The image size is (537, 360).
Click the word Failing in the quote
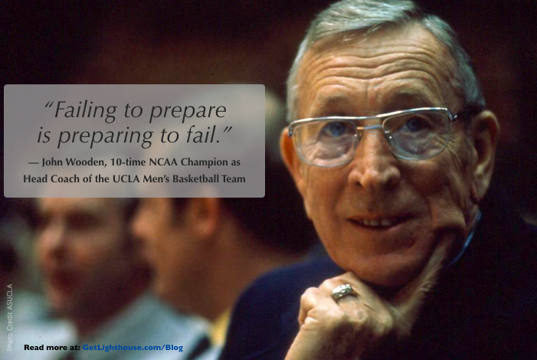[81, 110]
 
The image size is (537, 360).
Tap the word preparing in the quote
[105, 136]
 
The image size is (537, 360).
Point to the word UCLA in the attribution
[126, 178]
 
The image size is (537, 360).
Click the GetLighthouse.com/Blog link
[133, 348]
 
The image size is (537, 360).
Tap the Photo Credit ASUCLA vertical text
[10, 317]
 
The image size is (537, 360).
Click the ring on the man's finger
[343, 292]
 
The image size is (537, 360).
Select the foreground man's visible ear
[484, 151]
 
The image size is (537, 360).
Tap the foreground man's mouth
[380, 221]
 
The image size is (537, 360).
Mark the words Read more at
[52, 347]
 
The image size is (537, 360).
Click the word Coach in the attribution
[65, 178]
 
